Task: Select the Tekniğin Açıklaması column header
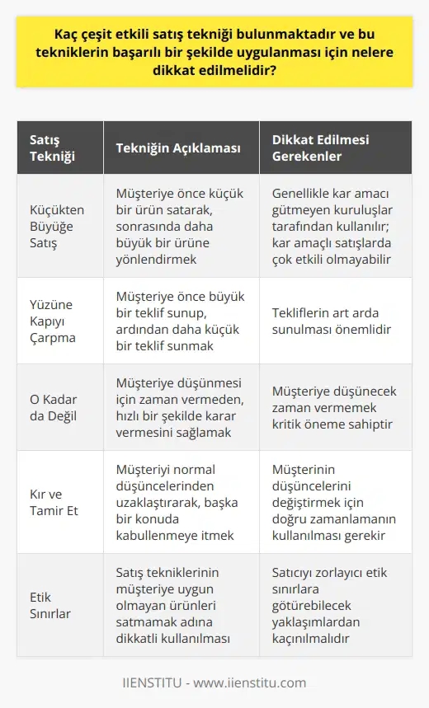coord(178,148)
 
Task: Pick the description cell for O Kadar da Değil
coord(177,407)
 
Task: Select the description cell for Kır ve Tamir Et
coord(177,502)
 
